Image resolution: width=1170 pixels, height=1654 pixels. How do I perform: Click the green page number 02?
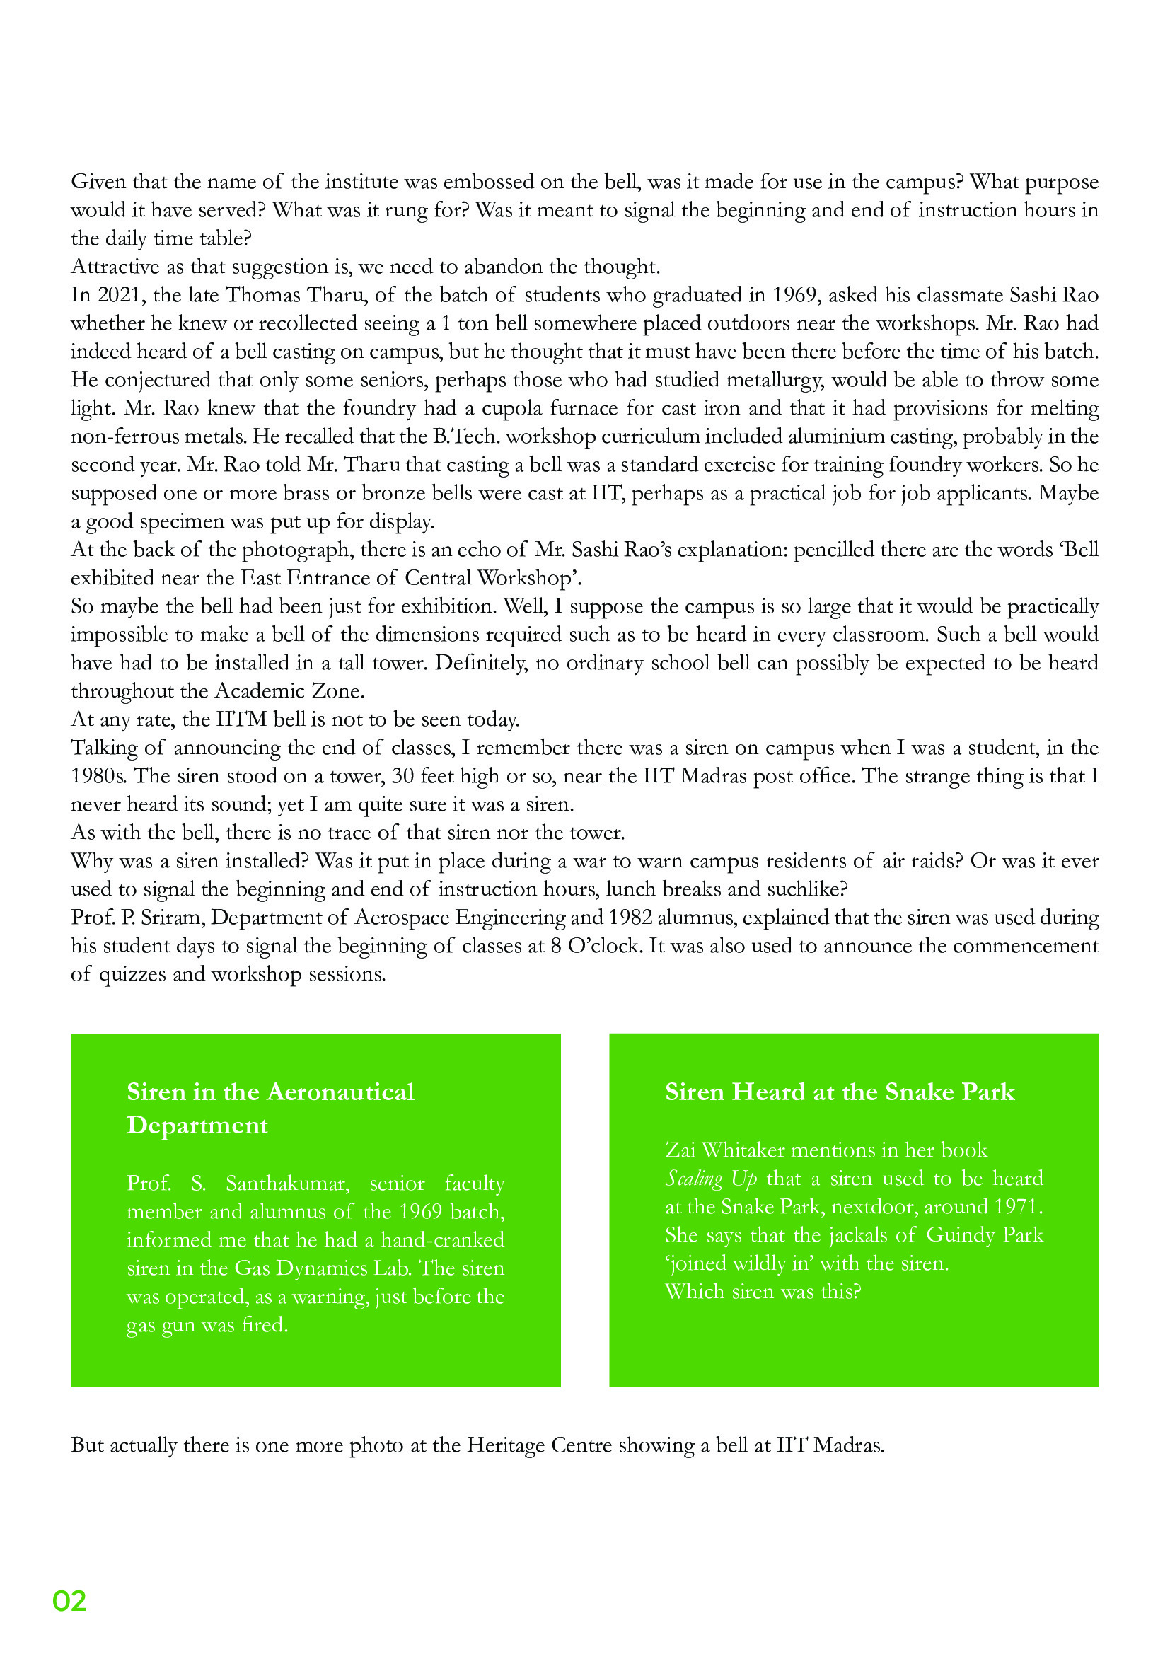(x=69, y=1601)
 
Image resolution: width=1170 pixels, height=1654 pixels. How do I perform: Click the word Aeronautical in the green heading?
(x=340, y=1092)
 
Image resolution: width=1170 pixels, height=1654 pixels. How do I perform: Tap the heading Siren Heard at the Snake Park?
(x=840, y=1092)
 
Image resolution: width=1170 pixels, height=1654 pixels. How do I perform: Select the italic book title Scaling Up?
(x=710, y=1179)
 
